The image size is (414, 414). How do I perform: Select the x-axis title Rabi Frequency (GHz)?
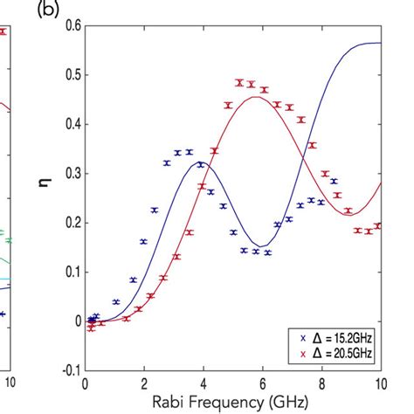pyautogui.click(x=232, y=403)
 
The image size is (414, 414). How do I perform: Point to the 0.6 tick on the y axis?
pyautogui.click(x=71, y=25)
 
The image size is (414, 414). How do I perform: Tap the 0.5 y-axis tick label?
pyautogui.click(x=71, y=75)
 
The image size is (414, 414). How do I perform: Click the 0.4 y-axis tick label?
pyautogui.click(x=71, y=124)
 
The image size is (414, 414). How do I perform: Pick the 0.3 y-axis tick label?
pyautogui.click(x=71, y=173)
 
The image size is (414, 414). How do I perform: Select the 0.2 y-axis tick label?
pyautogui.click(x=71, y=223)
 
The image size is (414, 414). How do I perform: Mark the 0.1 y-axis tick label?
pyautogui.click(x=71, y=272)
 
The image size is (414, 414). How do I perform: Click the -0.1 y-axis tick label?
pyautogui.click(x=69, y=370)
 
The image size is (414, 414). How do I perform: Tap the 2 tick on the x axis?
pyautogui.click(x=143, y=383)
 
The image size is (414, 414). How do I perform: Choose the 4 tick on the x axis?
pyautogui.click(x=203, y=383)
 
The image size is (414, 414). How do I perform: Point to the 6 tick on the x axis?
pyautogui.click(x=262, y=383)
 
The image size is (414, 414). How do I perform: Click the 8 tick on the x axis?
pyautogui.click(x=321, y=383)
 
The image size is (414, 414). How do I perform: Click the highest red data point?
pyautogui.click(x=238, y=83)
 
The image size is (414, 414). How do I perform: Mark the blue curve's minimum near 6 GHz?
pyautogui.click(x=260, y=246)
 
